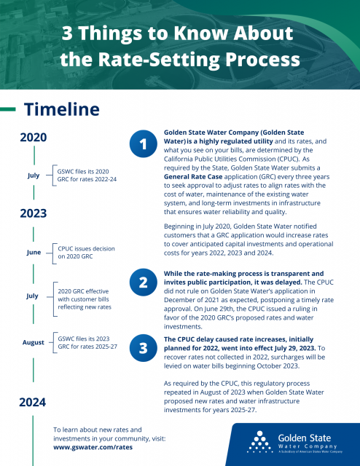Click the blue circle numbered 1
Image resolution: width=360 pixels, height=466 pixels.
[x=143, y=144]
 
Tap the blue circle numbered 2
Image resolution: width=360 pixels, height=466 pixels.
[x=143, y=283]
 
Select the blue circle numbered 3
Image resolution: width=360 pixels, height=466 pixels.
[x=143, y=348]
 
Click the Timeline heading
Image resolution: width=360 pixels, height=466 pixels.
[x=62, y=109]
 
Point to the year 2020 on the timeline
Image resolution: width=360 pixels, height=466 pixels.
[x=34, y=138]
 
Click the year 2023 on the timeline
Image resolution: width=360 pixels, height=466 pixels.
[x=34, y=213]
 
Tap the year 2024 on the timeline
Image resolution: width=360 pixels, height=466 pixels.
[x=33, y=403]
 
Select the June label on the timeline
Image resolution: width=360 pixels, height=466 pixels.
[x=34, y=253]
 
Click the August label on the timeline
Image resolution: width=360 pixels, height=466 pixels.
[x=34, y=342]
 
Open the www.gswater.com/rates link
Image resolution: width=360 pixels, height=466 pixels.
[x=93, y=447]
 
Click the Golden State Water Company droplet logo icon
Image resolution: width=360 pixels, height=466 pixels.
[x=260, y=442]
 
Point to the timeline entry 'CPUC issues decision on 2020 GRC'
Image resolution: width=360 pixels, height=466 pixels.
[x=86, y=253]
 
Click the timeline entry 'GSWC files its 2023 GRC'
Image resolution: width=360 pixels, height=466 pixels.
[x=87, y=343]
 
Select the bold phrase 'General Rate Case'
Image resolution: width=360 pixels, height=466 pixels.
[x=193, y=176]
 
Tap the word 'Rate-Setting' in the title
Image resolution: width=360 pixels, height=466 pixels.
[x=159, y=59]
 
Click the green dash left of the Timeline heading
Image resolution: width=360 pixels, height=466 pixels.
[x=8, y=109]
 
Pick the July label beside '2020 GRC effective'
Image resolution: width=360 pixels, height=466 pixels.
[x=32, y=296]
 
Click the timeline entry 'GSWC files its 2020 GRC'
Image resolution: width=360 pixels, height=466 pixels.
[x=87, y=175]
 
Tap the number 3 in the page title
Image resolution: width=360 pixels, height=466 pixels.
[x=67, y=33]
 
